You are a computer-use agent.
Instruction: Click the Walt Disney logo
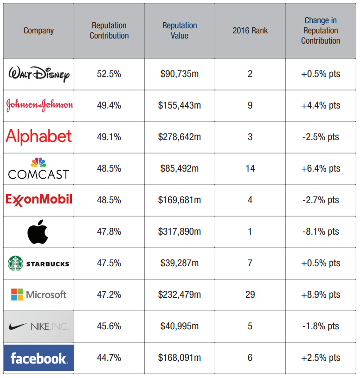[x=39, y=74]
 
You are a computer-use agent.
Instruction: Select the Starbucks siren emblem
[x=16, y=263]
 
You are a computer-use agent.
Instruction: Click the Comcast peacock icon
[x=39, y=162]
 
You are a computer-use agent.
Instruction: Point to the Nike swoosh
[x=19, y=327]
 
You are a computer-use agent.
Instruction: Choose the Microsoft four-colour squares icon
[x=17, y=295]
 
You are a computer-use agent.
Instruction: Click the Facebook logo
[x=39, y=358]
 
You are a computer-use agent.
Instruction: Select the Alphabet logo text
[x=39, y=137]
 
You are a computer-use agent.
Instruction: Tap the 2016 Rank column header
[x=250, y=31]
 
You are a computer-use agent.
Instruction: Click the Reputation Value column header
[x=180, y=31]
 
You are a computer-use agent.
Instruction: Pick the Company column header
[x=39, y=31]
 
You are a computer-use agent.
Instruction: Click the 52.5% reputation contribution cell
[x=109, y=74]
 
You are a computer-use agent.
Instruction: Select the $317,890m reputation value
[x=180, y=231]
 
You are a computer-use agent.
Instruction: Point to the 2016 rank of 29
[x=250, y=295]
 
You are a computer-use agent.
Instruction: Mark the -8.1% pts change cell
[x=320, y=231]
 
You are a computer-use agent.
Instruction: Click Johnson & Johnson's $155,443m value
[x=180, y=106]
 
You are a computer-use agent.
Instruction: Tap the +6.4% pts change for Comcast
[x=320, y=168]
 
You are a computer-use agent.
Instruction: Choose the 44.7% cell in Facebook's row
[x=109, y=358]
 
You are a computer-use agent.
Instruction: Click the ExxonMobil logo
[x=39, y=199]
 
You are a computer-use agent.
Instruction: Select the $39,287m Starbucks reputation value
[x=180, y=263]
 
